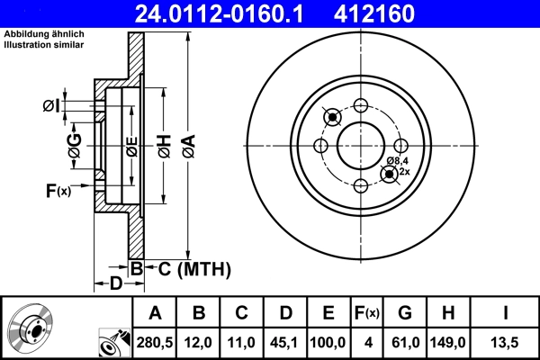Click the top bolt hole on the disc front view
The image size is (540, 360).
[x=361, y=105]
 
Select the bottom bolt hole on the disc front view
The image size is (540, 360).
[x=361, y=186]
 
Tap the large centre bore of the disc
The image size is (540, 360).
[x=361, y=146]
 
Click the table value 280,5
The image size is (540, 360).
[x=155, y=341]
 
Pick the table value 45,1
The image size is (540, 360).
[x=285, y=341]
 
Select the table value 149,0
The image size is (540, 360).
[x=448, y=341]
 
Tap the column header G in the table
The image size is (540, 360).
[x=404, y=313]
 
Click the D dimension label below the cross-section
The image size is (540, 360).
[x=116, y=284]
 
